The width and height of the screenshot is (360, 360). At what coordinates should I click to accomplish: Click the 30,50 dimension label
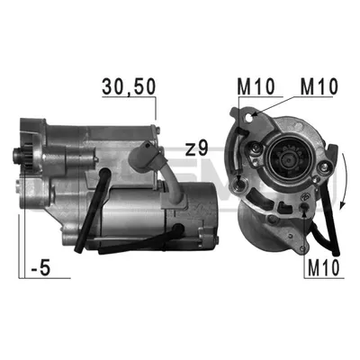pyautogui.click(x=129, y=86)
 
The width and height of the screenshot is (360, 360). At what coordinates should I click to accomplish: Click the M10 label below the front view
pyautogui.click(x=323, y=267)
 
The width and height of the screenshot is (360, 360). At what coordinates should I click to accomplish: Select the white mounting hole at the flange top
pyautogui.click(x=248, y=118)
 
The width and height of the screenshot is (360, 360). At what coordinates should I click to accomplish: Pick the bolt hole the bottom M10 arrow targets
pyautogui.click(x=304, y=207)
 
